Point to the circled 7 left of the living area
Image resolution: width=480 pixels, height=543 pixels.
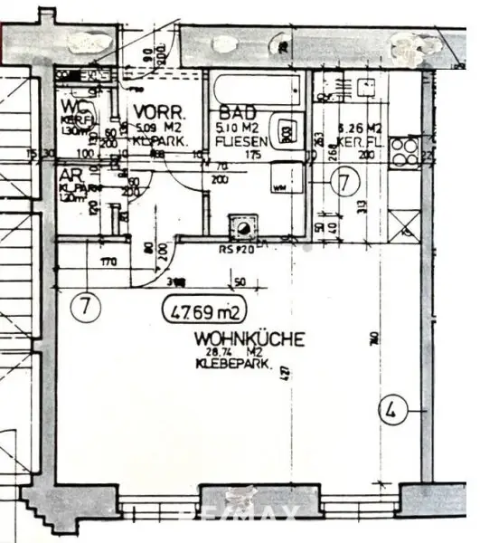84,305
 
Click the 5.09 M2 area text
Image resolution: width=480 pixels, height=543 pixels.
162,128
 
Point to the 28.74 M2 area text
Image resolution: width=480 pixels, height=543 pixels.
224,352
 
